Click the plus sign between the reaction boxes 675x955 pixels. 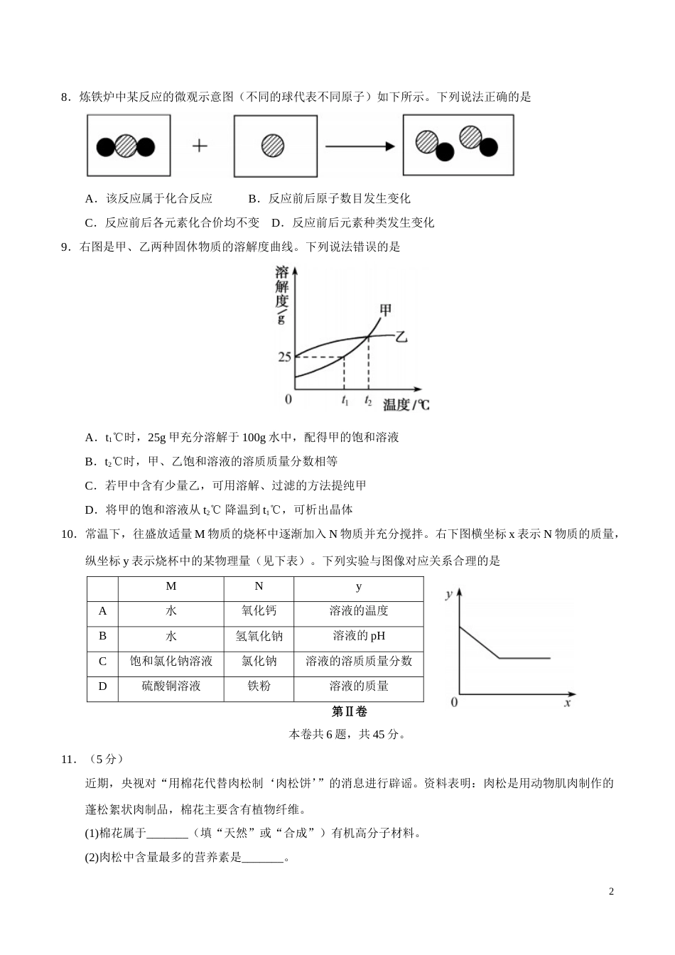point(200,146)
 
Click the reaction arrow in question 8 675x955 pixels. point(360,146)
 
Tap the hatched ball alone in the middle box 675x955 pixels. point(273,146)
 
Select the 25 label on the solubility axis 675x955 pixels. point(284,357)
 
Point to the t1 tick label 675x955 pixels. point(345,401)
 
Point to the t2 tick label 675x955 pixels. point(368,401)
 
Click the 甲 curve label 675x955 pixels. point(386,310)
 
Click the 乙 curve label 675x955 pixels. point(401,336)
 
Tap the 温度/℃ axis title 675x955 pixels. point(406,405)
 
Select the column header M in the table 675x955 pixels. point(171,586)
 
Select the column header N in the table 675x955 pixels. point(259,586)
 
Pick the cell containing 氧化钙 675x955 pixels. point(259,611)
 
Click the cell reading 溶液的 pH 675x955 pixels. point(358,636)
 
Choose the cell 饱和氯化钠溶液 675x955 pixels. point(171,661)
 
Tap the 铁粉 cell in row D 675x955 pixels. point(259,686)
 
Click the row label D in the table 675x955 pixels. point(102,686)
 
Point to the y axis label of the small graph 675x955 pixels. point(448,594)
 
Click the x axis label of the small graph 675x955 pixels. point(568,702)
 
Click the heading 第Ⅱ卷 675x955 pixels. point(350,711)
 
